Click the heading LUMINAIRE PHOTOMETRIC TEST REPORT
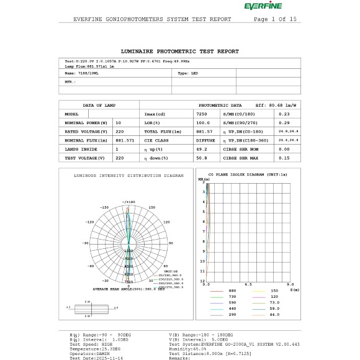coord(179,52)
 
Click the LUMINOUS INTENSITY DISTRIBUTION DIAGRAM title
coord(128,176)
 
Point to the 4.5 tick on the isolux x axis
coord(248,284)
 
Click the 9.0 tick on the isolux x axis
coord(290,284)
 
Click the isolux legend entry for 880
coord(233,291)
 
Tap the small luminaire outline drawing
coord(91,308)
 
